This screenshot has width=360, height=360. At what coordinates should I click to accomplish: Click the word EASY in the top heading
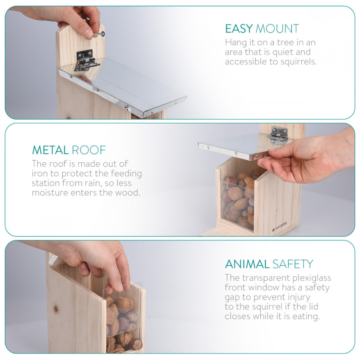coord(239,29)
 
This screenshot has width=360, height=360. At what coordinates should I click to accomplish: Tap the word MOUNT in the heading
coord(277,29)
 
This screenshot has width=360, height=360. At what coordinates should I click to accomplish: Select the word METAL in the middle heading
coord(50,150)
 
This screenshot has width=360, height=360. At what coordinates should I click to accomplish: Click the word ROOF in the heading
coord(89,150)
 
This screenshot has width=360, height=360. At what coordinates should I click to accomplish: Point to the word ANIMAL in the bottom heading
coord(247,264)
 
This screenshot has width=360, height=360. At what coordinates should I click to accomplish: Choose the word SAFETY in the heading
coord(293,264)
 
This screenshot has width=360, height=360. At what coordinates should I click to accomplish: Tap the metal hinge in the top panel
coord(86,60)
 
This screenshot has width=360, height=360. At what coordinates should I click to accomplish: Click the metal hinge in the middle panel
coord(277,135)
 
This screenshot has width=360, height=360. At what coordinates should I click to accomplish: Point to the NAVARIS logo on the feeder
coord(280,226)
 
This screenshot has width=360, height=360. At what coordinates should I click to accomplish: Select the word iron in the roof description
coord(41,174)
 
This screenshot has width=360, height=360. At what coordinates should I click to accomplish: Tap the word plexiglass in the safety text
coord(311,278)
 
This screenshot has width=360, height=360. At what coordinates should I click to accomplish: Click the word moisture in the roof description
coord(50,193)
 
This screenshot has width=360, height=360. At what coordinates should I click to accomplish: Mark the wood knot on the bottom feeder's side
coord(56,309)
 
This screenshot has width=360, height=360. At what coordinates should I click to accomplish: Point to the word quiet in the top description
coord(283,52)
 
